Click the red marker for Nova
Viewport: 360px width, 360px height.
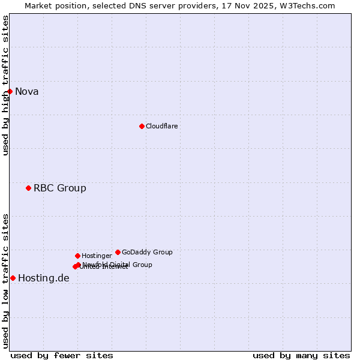coord(10,91)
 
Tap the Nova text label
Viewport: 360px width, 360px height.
coord(27,92)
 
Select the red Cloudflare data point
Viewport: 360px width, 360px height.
coord(142,126)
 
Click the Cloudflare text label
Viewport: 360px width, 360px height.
coord(161,127)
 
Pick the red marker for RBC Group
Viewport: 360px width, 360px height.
coord(28,188)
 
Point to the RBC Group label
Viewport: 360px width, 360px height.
coord(60,188)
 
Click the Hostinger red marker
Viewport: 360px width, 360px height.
coord(77,256)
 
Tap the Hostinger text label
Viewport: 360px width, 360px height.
coord(97,256)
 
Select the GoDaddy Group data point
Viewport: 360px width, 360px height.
coord(118,252)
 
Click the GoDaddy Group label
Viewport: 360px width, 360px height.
coord(147,253)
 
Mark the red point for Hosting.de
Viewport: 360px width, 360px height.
coord(13,278)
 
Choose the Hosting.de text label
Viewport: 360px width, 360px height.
coord(44,278)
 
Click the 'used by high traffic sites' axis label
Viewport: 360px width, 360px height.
coord(5,85)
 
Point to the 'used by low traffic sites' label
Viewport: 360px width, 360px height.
coord(5,281)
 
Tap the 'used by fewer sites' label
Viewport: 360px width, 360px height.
coord(62,355)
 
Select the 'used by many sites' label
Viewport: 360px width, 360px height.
coord(301,355)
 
